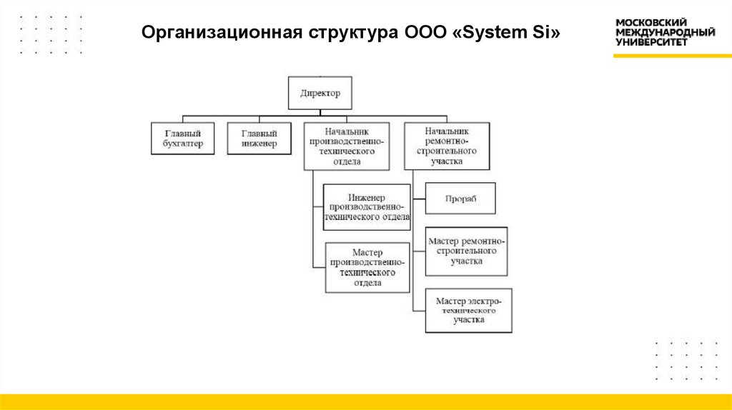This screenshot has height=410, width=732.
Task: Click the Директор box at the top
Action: click(320, 93)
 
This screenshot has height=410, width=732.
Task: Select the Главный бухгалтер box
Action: click(183, 139)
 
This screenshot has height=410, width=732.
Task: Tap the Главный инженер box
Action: click(259, 139)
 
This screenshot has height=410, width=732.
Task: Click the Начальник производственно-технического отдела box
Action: click(347, 146)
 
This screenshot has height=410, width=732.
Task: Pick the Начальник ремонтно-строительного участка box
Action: click(447, 146)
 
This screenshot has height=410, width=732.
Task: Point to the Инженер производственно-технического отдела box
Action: click(367, 207)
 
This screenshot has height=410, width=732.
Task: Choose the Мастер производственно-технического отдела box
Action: click(367, 268)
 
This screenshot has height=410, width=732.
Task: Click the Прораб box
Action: click(460, 199)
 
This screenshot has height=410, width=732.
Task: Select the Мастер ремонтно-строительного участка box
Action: click(466, 251)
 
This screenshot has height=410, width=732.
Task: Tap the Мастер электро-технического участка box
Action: click(468, 311)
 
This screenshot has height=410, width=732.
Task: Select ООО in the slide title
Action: click(426, 33)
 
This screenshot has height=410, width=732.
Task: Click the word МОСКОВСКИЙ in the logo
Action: click(651, 23)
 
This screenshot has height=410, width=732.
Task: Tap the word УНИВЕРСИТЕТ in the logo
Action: click(651, 42)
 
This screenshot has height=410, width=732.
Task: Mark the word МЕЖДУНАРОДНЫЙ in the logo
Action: click(665, 33)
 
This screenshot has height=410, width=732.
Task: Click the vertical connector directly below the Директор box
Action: click(320, 112)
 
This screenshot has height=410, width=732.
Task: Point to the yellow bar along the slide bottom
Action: click(366, 401)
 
